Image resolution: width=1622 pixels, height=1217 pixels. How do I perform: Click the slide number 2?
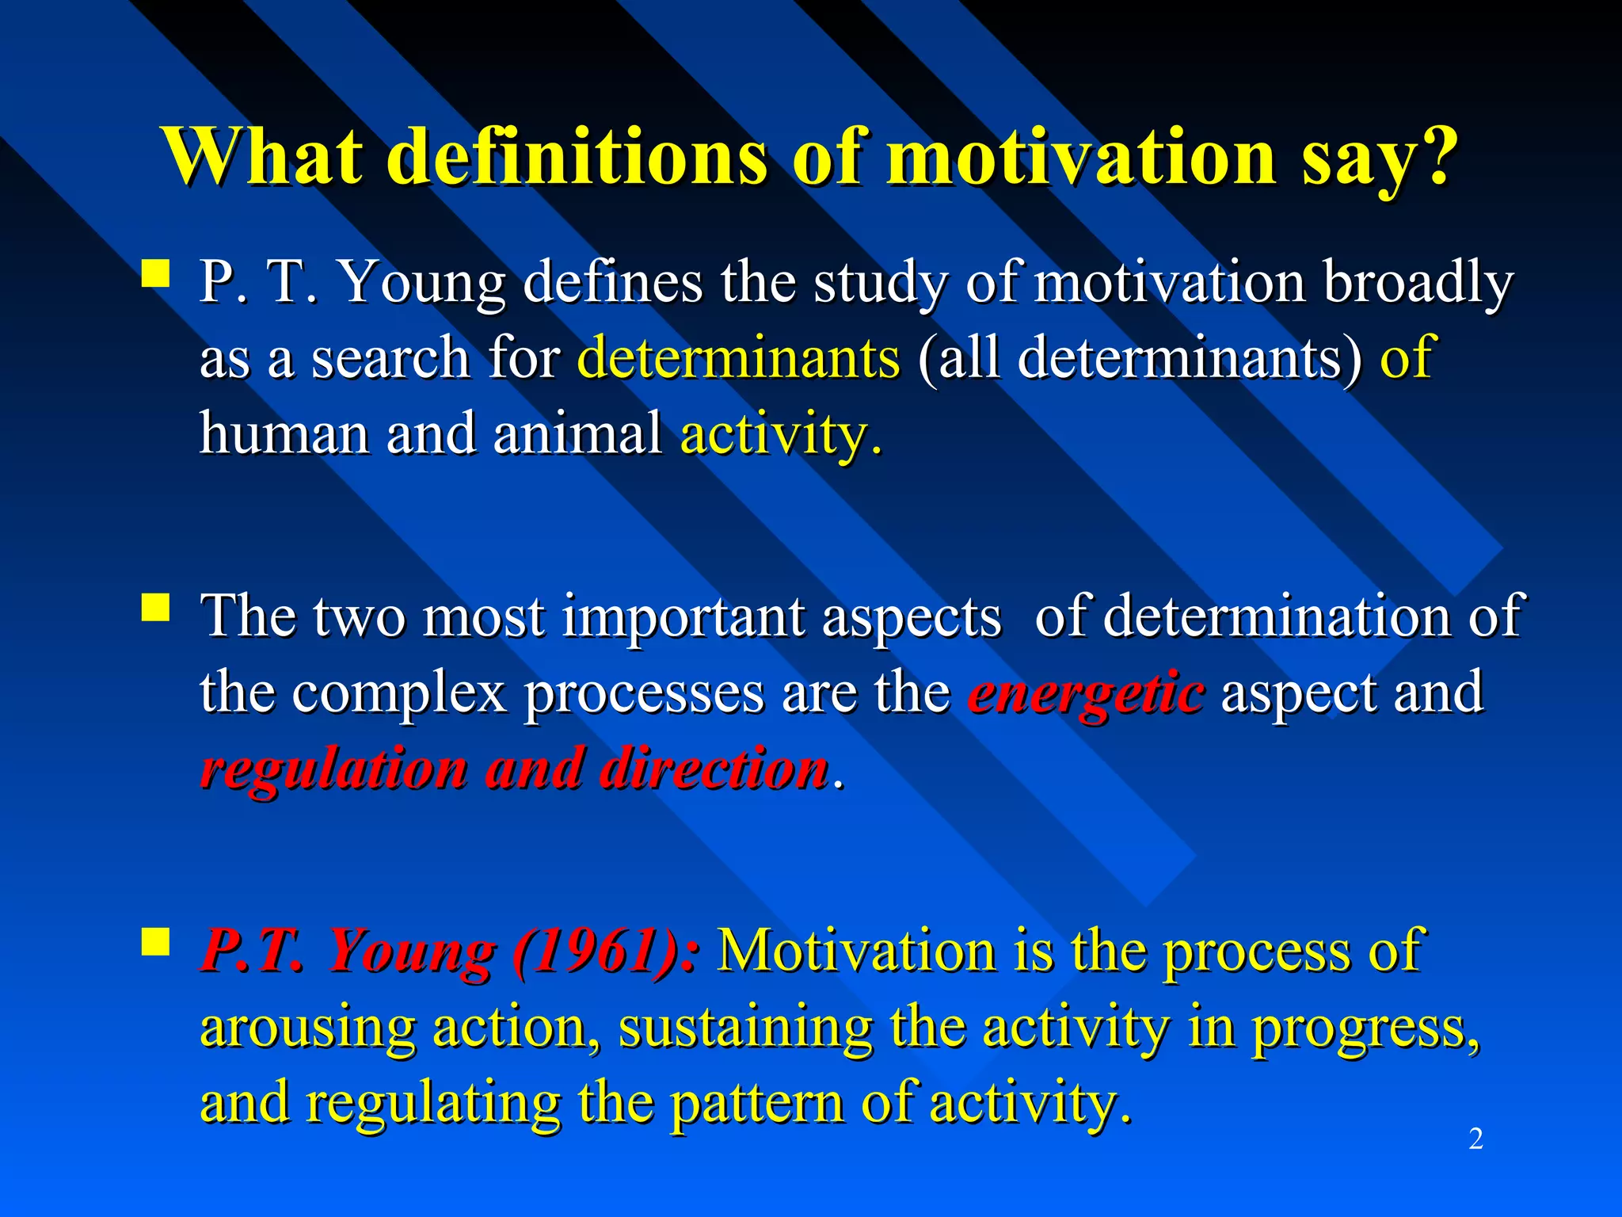coord(1475,1139)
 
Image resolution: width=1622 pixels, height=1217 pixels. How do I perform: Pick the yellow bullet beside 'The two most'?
coord(156,608)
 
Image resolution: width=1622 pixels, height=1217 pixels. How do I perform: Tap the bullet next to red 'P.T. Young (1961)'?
coord(156,942)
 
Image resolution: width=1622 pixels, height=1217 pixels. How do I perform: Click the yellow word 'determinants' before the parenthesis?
coord(738,358)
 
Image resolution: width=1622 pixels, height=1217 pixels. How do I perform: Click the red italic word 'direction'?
coord(714,769)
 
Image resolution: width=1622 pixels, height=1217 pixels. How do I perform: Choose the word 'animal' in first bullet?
coord(577,433)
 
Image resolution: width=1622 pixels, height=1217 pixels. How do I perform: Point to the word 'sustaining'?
coord(744,1028)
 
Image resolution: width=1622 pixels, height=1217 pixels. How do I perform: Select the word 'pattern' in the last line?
coord(756,1104)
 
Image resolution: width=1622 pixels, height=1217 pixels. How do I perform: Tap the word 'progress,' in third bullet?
coord(1365,1028)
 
